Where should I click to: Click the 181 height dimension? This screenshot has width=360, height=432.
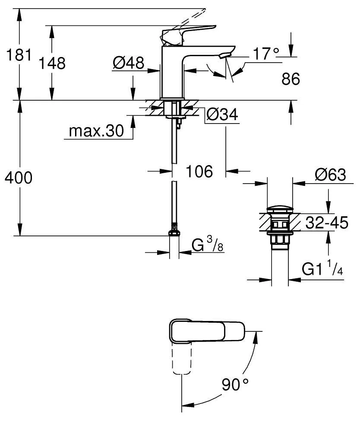18,55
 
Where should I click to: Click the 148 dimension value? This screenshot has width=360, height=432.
52,63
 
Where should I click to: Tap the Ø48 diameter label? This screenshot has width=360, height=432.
128,64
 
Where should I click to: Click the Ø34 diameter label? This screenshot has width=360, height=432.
222,114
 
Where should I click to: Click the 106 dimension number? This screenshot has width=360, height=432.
199,172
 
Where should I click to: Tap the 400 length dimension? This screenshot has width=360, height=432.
18,178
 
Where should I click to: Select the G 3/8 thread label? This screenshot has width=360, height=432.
207,245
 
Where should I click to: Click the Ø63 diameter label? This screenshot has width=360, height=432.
330,175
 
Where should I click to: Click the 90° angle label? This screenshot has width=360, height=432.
236,384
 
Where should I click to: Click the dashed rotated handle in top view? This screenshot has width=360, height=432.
181,359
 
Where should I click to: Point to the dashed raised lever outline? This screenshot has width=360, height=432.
190,16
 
